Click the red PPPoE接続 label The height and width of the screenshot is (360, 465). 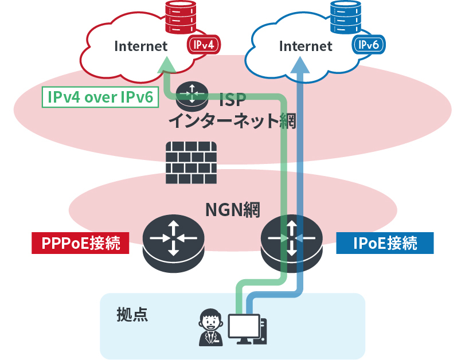(80, 243)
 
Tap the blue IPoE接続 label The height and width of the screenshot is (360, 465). (385, 243)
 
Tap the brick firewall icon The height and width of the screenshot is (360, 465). (191, 163)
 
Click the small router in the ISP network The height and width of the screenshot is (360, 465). (192, 96)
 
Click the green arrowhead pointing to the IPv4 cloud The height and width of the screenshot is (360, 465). (166, 64)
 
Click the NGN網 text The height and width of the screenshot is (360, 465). (232, 210)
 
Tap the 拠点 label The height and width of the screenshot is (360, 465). (132, 314)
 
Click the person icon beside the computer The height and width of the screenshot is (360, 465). (210, 328)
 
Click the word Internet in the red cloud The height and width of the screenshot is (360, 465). (141, 46)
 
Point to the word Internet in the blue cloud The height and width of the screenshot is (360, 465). (305, 46)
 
